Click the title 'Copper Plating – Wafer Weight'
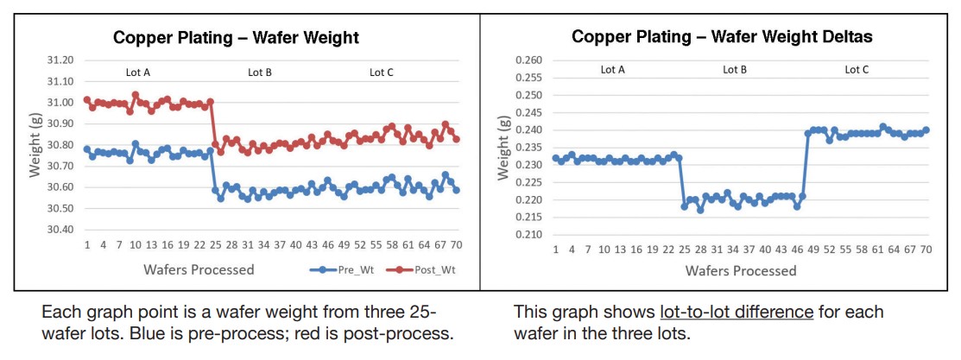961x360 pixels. click(x=237, y=38)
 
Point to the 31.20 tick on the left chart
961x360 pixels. click(x=60, y=60)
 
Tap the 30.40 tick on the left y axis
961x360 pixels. click(x=60, y=230)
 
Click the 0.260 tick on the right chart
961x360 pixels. click(x=528, y=60)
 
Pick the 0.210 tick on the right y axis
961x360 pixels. click(x=528, y=235)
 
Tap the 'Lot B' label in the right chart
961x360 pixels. click(x=735, y=70)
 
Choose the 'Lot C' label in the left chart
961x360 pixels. click(x=381, y=73)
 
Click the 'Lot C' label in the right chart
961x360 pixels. click(x=857, y=70)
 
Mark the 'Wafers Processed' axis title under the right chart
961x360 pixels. click(x=741, y=271)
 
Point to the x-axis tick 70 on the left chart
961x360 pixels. click(x=455, y=245)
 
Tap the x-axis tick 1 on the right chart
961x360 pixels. click(x=555, y=249)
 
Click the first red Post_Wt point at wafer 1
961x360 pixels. click(x=86, y=100)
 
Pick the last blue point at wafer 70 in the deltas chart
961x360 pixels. click(x=926, y=130)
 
